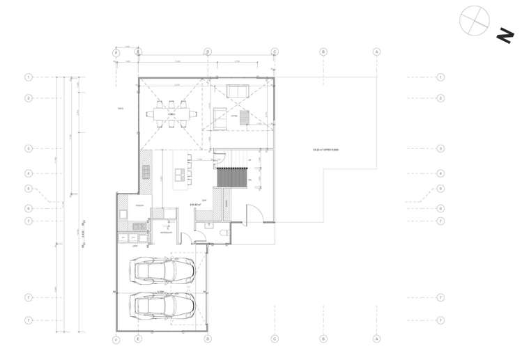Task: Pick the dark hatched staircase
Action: click(230, 176)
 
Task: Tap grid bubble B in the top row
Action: click(323, 52)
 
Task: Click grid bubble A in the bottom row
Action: click(376, 339)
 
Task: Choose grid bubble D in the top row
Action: click(207, 52)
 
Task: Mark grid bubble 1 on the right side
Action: click(440, 77)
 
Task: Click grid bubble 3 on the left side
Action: click(29, 148)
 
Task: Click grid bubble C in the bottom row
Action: click(275, 339)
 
